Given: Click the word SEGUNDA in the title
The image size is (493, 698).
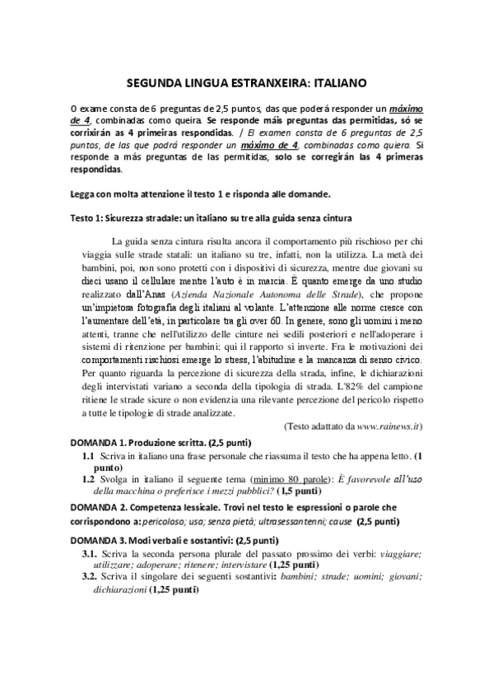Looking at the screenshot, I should pyautogui.click(x=156, y=83).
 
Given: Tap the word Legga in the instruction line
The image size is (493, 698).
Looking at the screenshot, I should pyautogui.click(x=85, y=194).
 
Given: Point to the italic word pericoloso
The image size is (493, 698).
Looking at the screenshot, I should pyautogui.click(x=165, y=522).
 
